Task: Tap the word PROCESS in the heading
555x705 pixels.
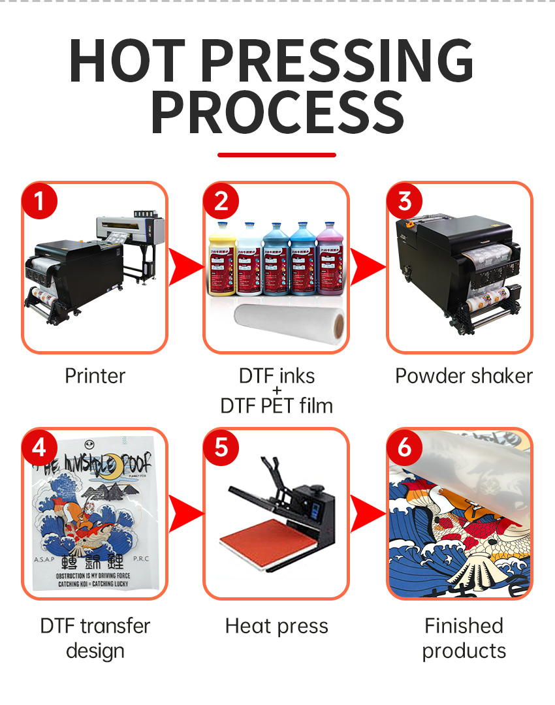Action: click(277, 112)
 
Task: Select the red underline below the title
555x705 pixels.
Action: click(277, 155)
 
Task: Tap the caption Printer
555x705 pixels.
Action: click(95, 376)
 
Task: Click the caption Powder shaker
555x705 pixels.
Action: click(464, 376)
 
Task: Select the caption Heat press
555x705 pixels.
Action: click(277, 627)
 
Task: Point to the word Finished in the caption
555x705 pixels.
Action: click(464, 626)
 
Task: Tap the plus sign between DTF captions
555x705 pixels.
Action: click(277, 390)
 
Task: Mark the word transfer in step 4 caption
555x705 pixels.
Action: click(115, 626)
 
